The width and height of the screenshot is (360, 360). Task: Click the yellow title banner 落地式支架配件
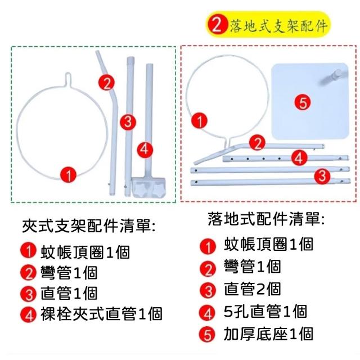click(x=268, y=25)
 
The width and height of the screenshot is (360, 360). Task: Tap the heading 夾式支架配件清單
click(x=89, y=226)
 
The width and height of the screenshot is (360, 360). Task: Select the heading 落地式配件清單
click(x=266, y=219)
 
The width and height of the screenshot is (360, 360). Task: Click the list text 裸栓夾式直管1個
click(x=101, y=314)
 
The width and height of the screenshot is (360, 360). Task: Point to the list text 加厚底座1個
click(x=269, y=334)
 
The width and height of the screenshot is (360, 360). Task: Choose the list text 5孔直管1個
click(x=265, y=312)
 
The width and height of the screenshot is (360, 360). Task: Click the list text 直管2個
click(x=253, y=289)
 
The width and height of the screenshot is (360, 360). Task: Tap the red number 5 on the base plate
click(x=303, y=102)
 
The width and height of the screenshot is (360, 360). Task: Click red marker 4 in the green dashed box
click(x=145, y=150)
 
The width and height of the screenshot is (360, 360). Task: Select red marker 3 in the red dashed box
click(x=322, y=176)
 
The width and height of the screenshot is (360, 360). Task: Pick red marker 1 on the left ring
click(x=68, y=175)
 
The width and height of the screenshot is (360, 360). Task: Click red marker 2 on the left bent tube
click(x=106, y=83)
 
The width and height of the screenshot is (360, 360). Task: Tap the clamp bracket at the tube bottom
click(x=148, y=187)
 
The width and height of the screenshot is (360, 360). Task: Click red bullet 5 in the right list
click(x=208, y=334)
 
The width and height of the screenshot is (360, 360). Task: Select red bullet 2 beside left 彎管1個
click(x=29, y=273)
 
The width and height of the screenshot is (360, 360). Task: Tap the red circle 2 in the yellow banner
click(x=217, y=25)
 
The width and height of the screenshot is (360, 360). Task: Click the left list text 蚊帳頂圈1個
click(x=85, y=252)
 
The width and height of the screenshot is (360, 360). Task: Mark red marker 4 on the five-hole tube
click(x=299, y=157)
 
